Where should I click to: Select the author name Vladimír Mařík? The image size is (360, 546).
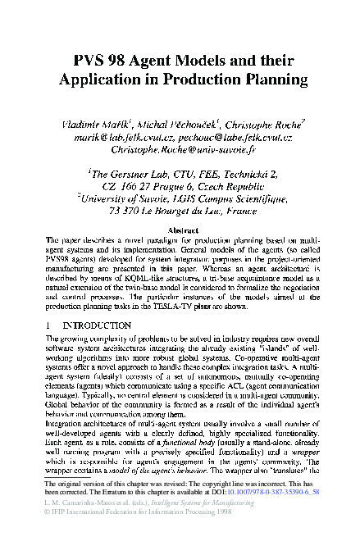(95, 123)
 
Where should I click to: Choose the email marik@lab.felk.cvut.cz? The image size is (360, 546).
(115, 137)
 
